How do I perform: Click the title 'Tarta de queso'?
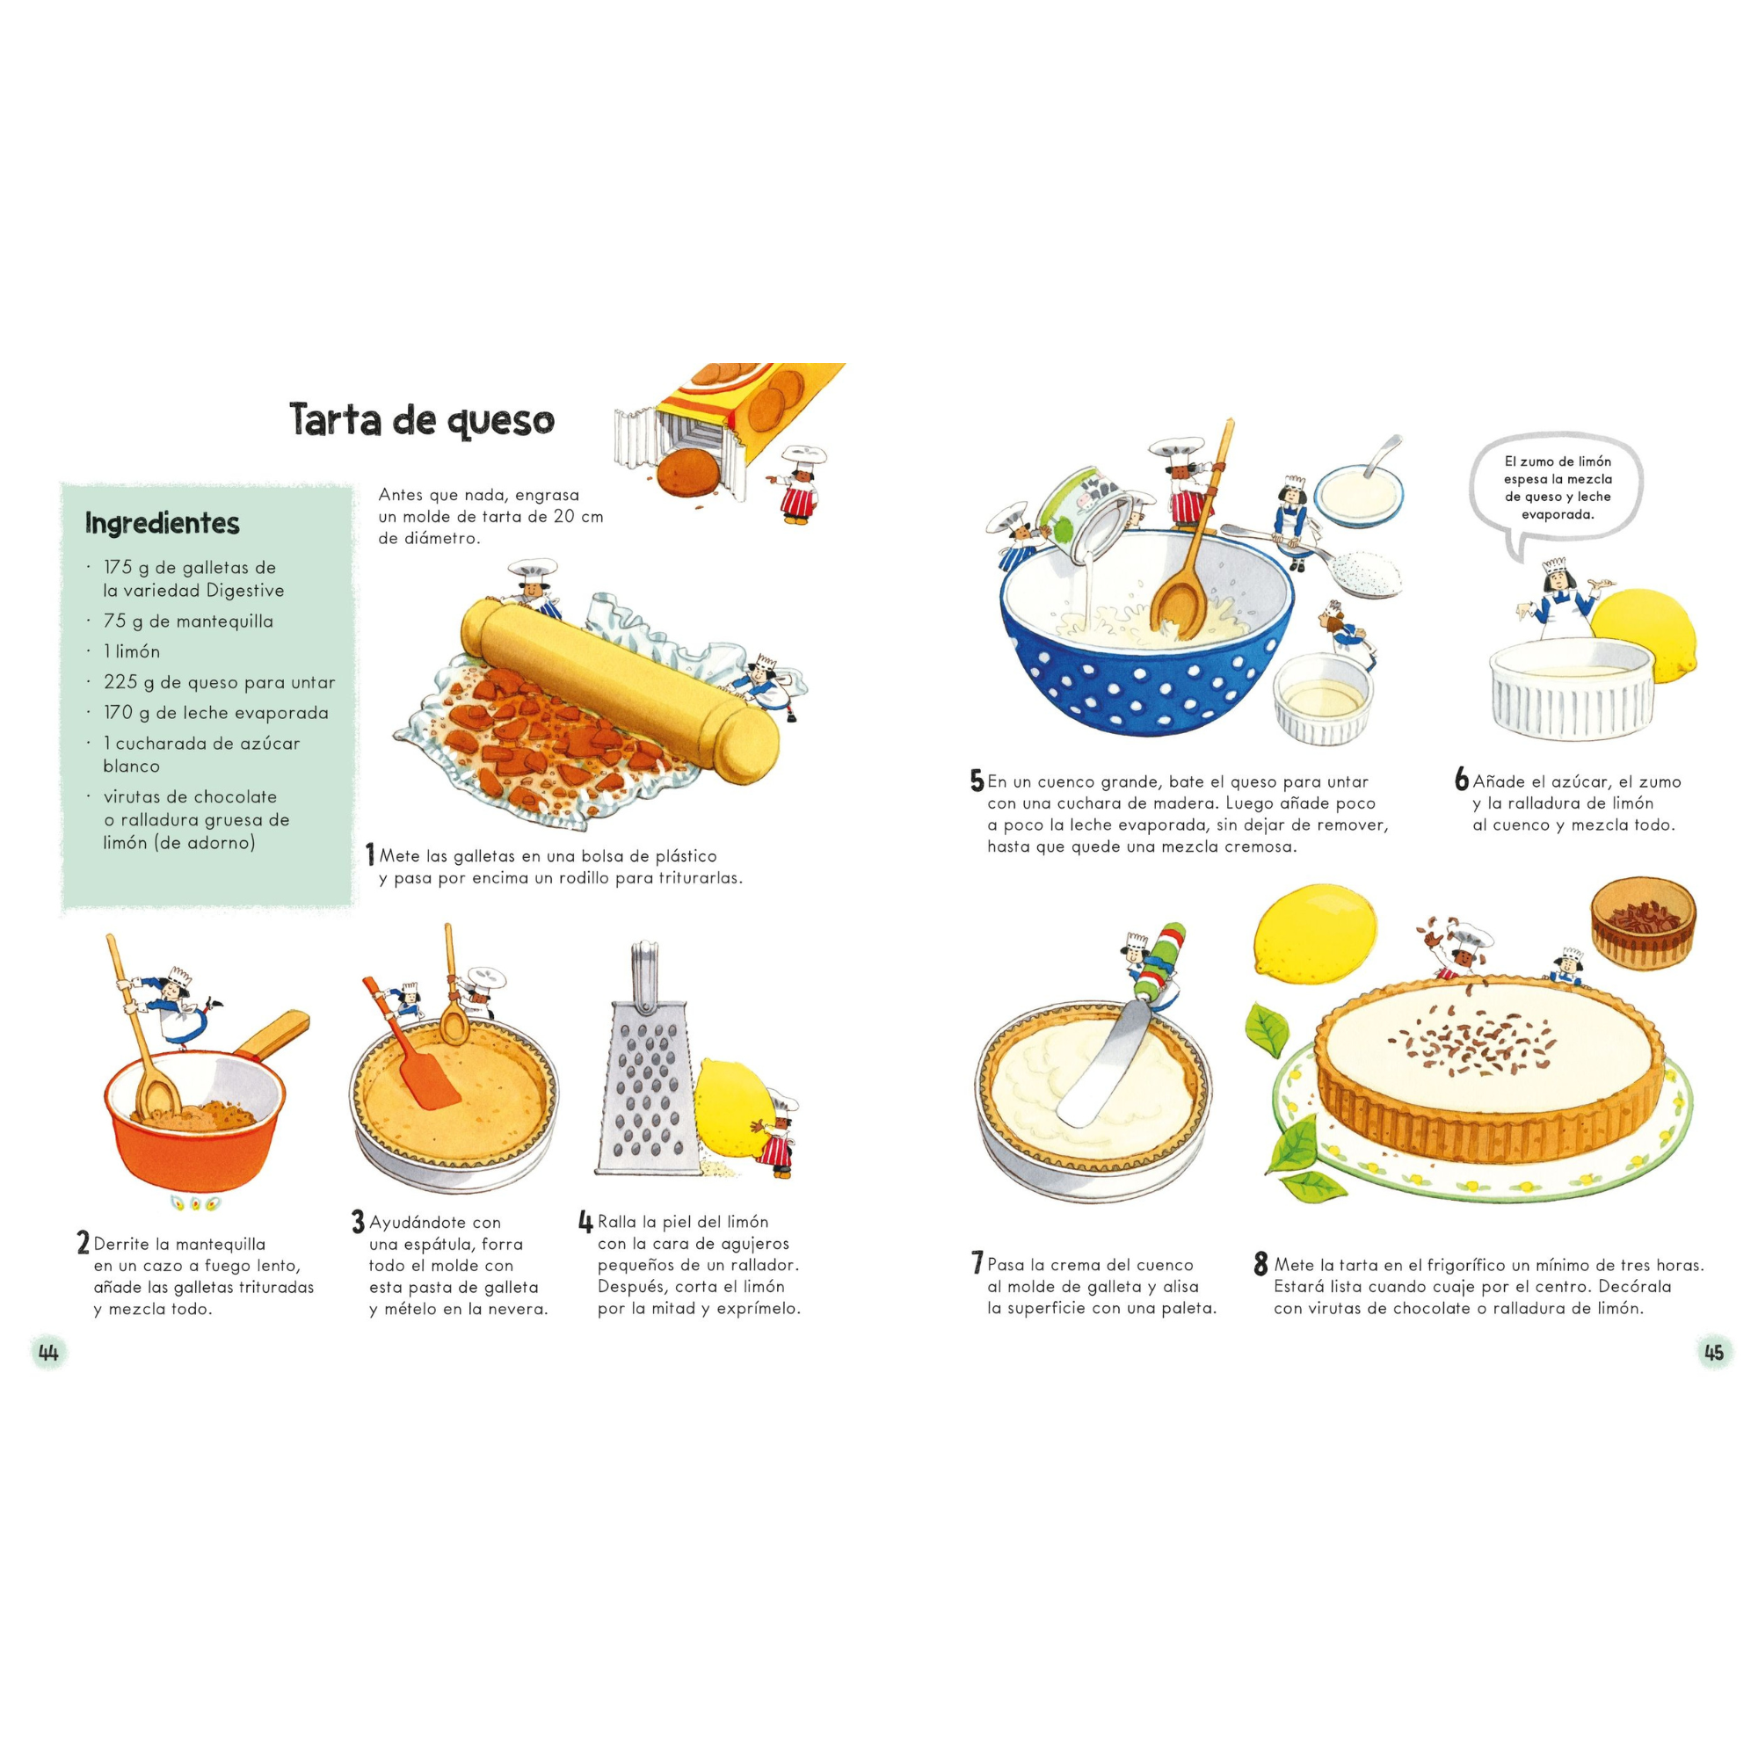point(421,419)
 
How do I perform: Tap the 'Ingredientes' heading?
point(162,523)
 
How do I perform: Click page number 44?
point(48,1352)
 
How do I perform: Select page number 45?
point(1713,1352)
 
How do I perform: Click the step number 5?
point(977,781)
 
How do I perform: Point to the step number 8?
point(1260,1264)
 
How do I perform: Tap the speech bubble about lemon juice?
point(1557,489)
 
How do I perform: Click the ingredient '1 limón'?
point(132,651)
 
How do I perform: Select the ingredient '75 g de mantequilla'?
point(188,621)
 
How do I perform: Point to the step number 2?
point(83,1243)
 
